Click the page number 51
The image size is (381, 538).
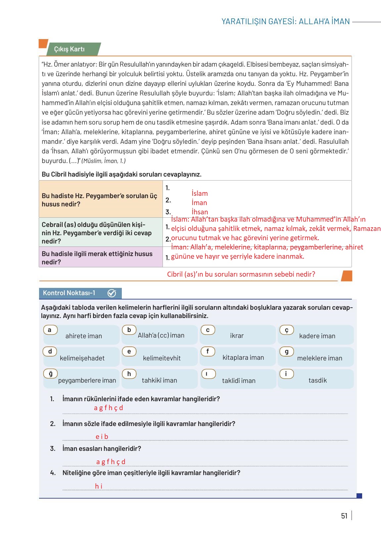344,516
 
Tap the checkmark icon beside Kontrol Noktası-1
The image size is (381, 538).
112,293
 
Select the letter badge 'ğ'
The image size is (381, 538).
50,374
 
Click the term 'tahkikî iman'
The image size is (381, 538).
159,380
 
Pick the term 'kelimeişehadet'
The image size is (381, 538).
82,358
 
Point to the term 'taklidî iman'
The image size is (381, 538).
239,381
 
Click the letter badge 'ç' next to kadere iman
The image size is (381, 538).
287,330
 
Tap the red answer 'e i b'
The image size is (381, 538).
102,437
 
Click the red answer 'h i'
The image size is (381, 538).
99,486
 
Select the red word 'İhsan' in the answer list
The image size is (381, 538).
200,212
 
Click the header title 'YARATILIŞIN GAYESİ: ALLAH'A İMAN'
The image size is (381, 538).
285,22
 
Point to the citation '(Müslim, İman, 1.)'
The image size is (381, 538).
104,161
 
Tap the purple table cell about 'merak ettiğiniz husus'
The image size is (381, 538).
100,258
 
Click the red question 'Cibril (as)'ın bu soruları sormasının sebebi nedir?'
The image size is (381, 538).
241,274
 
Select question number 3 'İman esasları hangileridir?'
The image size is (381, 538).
101,449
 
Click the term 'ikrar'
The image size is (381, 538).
237,336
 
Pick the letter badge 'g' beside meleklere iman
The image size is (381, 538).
287,351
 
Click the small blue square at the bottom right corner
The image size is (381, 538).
359,496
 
